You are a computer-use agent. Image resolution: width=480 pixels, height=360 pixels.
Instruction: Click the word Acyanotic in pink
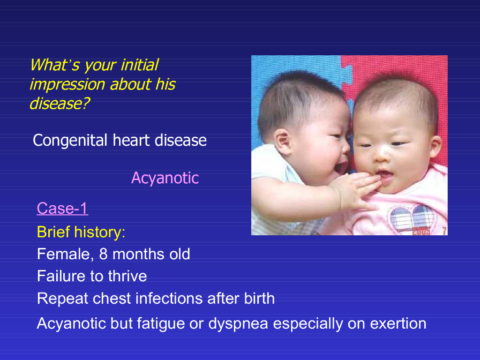(x=165, y=178)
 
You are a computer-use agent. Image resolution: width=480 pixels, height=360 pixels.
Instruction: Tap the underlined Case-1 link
(x=62, y=209)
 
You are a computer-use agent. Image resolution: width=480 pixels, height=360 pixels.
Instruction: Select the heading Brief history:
(x=81, y=232)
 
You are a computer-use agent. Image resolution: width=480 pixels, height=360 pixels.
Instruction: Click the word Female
(x=63, y=255)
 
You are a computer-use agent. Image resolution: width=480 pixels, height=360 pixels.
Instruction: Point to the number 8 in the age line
(x=103, y=254)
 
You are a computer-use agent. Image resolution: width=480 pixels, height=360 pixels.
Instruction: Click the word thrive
(x=127, y=276)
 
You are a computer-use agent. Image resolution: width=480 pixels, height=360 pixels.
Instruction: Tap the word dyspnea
(x=238, y=324)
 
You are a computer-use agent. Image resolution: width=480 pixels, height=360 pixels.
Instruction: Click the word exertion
(x=398, y=323)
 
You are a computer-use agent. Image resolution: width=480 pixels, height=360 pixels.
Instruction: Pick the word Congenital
(x=70, y=141)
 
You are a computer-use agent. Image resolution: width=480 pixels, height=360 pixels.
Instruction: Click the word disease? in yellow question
(x=60, y=104)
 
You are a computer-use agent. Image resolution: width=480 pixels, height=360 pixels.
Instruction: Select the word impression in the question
(x=67, y=84)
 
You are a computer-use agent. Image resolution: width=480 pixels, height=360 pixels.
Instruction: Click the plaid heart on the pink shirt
(x=411, y=217)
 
